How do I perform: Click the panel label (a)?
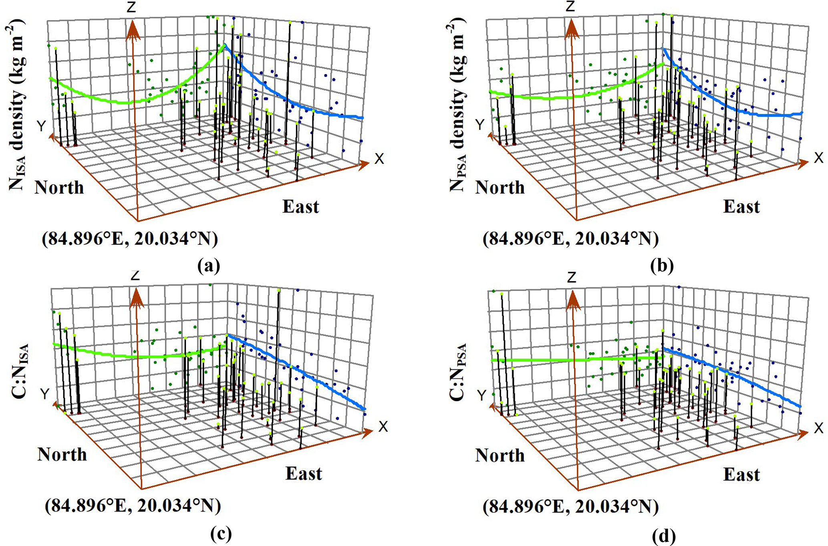[x=209, y=266]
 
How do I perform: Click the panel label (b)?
[x=662, y=266]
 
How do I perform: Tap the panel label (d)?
[x=663, y=535]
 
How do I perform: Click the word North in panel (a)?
[x=59, y=187]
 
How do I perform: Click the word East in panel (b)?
[x=741, y=207]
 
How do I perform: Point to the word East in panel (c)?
[x=303, y=473]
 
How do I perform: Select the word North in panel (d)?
[x=500, y=455]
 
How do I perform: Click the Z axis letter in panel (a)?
[x=131, y=7]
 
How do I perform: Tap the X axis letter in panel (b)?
[x=818, y=158]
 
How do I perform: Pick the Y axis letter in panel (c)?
[x=44, y=394]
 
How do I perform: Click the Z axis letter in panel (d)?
[x=572, y=277]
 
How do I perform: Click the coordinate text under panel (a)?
[x=130, y=239]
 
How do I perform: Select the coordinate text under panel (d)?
[x=570, y=507]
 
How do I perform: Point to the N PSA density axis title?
[x=457, y=106]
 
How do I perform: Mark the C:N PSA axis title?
[x=458, y=372]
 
